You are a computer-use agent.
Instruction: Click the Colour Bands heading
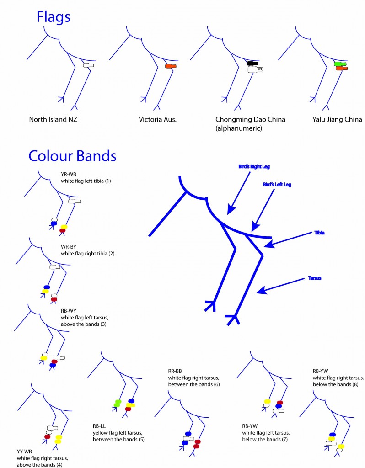[72, 155]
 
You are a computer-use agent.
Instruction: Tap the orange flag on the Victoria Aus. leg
[170, 67]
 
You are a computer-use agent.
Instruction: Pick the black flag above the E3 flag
[252, 63]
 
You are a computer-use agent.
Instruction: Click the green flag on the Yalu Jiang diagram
[340, 64]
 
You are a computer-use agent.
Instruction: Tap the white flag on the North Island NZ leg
[88, 65]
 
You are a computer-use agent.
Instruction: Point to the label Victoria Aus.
[158, 120]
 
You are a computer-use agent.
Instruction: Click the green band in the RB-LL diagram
[117, 403]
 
